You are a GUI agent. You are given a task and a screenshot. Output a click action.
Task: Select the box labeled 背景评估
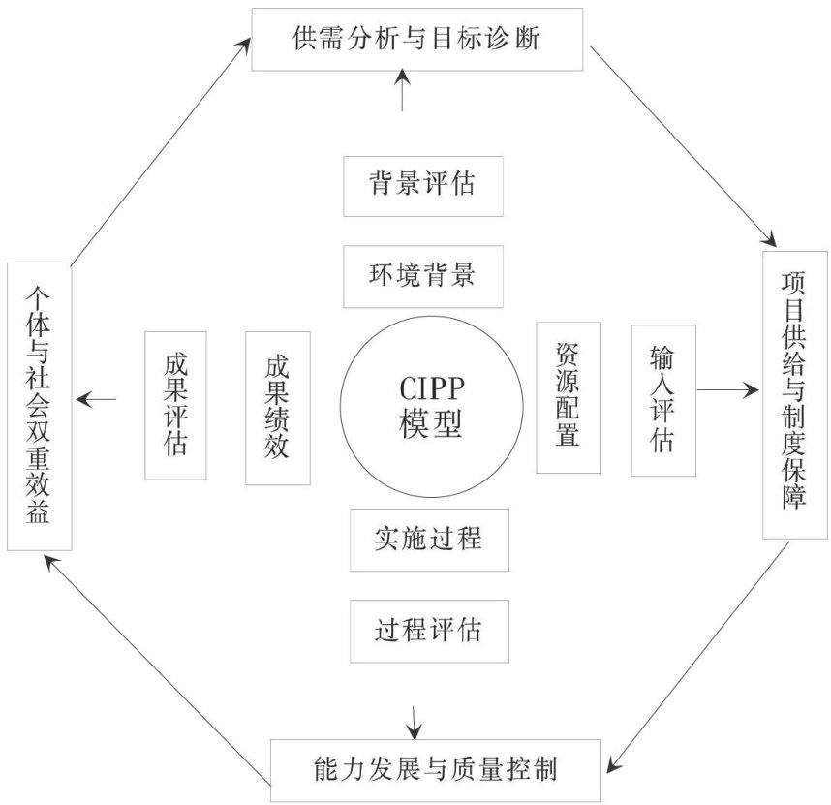tap(423, 185)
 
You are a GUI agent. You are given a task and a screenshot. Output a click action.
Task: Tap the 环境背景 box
tap(423, 276)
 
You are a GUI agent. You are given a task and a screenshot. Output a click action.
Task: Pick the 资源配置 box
tap(568, 397)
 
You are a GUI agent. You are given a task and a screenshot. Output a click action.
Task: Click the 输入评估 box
tap(662, 399)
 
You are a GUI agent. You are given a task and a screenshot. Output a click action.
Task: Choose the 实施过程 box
tap(428, 539)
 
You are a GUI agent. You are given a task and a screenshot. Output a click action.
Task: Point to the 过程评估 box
tap(428, 631)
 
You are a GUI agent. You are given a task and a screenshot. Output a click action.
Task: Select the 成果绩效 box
tap(278, 407)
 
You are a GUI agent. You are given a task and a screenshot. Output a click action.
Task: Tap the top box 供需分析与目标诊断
tap(416, 39)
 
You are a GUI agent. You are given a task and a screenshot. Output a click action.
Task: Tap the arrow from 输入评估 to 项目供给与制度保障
tap(726, 390)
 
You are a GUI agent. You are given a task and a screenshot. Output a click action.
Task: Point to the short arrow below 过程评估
tap(415, 718)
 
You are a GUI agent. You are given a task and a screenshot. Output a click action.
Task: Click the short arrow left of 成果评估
tap(97, 398)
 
